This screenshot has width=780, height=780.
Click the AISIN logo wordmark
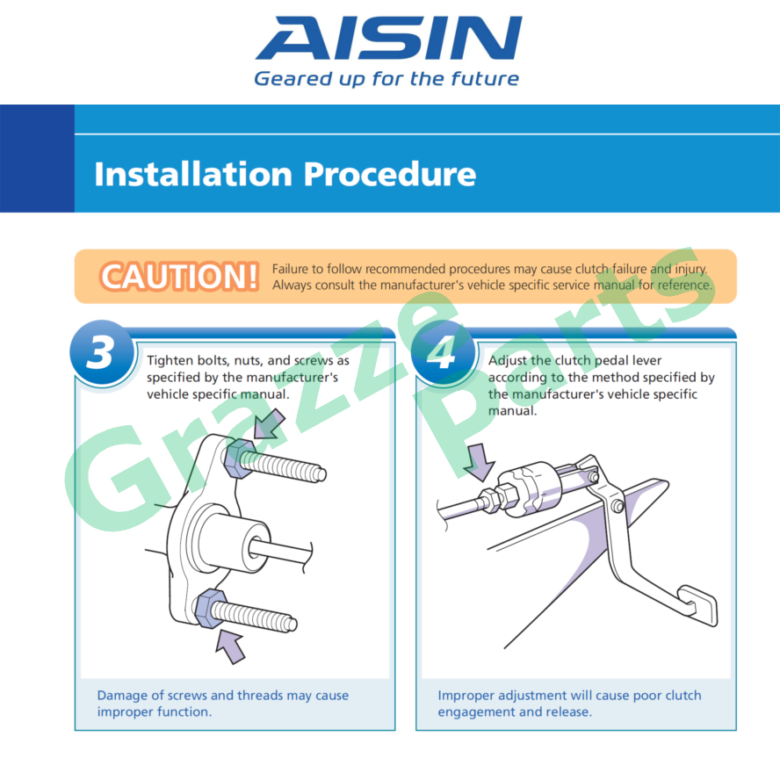pyautogui.click(x=389, y=38)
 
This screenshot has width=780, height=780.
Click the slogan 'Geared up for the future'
pyautogui.click(x=386, y=78)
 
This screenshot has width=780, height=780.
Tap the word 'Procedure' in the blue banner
pyautogui.click(x=389, y=174)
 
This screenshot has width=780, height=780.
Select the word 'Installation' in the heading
pyautogui.click(x=193, y=174)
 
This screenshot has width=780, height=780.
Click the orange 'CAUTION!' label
pyautogui.click(x=179, y=276)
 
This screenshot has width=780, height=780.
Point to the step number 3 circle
pyautogui.click(x=102, y=352)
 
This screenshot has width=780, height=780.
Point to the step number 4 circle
pyautogui.click(x=443, y=352)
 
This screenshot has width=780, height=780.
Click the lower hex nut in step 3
pyautogui.click(x=211, y=608)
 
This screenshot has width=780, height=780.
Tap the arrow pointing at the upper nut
pyautogui.click(x=269, y=424)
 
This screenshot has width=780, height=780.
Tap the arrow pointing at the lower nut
pyautogui.click(x=230, y=646)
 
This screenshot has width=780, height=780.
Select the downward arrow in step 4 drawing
pyautogui.click(x=479, y=463)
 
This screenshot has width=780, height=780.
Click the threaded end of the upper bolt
pyautogui.click(x=321, y=474)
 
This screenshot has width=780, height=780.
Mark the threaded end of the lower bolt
pyautogui.click(x=292, y=624)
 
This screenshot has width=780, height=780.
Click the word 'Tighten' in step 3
pyautogui.click(x=170, y=361)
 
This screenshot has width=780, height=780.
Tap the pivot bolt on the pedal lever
pyautogui.click(x=617, y=507)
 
